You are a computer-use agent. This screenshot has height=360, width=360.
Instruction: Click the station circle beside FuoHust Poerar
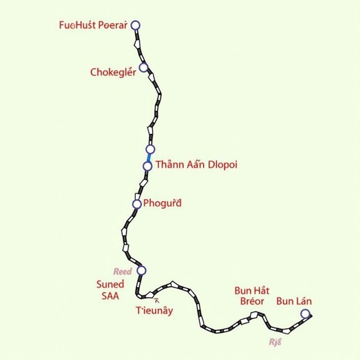135,25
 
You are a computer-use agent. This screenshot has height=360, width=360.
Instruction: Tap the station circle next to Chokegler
143,67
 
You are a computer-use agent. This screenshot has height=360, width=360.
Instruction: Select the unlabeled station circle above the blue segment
150,149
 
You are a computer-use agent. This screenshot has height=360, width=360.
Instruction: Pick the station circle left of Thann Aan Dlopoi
148,166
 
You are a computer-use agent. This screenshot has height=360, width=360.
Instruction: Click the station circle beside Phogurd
137,204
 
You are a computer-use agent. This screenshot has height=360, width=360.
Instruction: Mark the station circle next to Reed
141,270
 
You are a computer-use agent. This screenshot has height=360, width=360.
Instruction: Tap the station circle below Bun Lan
305,314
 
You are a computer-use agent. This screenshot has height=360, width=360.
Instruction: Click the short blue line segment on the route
149,157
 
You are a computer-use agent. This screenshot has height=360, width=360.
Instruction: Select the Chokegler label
113,72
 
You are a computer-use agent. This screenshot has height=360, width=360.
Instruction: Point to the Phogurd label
162,203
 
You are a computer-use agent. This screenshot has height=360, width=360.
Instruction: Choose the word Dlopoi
222,165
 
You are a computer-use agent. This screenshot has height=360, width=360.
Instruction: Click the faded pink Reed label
122,271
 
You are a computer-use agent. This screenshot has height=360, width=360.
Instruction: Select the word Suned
110,284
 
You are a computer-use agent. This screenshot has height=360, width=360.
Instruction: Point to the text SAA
110,296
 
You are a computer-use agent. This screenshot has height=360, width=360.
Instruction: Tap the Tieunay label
154,310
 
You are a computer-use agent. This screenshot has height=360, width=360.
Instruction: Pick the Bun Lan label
294,301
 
